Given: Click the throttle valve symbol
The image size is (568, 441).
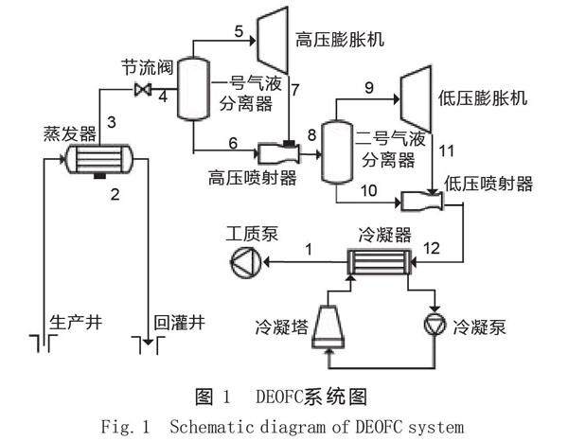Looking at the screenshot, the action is [x=143, y=89].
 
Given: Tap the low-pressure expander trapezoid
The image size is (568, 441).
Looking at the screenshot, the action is [x=416, y=98].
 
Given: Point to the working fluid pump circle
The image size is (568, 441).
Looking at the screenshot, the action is [x=246, y=262].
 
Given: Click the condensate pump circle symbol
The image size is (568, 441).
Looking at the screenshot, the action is [x=435, y=324].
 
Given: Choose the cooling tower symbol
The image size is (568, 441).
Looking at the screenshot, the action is [x=328, y=327].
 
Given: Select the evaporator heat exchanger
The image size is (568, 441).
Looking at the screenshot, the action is [x=98, y=159].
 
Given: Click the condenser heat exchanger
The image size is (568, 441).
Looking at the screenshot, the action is [x=380, y=262].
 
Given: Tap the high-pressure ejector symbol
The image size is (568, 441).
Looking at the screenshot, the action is [x=278, y=153].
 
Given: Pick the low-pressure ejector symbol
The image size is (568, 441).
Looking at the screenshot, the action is [x=421, y=202].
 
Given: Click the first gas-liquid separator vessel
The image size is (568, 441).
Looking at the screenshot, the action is [x=193, y=89].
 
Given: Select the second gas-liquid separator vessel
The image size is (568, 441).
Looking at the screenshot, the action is [x=337, y=152].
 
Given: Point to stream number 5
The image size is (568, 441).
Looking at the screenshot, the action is [x=239, y=31].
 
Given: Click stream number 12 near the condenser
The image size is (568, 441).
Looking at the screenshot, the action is [x=432, y=248].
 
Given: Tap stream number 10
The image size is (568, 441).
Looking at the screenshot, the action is [x=369, y=190].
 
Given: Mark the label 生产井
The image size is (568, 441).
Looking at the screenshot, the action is [x=76, y=323].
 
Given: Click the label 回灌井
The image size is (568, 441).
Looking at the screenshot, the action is [x=179, y=323].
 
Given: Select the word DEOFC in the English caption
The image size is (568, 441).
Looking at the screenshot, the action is [x=379, y=427].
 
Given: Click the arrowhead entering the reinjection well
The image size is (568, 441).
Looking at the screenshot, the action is [x=148, y=342].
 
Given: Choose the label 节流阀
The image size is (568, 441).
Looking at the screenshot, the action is [x=148, y=67].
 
